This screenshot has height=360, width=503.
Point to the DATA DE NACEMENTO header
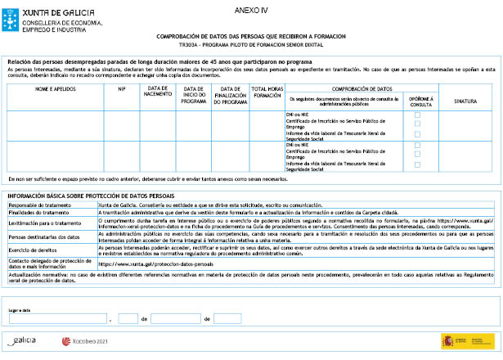158,92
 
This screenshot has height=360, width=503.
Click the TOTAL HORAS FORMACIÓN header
267,92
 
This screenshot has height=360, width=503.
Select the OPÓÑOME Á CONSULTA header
417,99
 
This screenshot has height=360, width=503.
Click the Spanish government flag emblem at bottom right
450,340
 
